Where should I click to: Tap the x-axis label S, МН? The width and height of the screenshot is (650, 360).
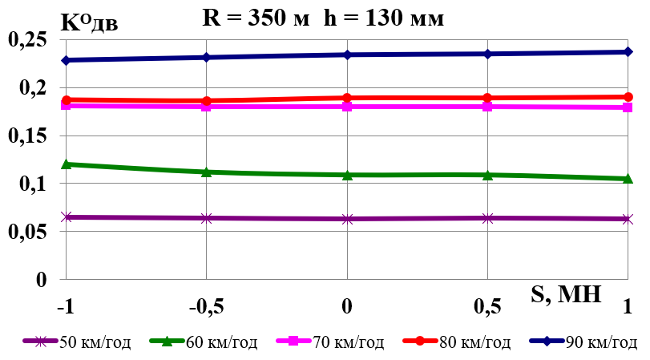click(x=565, y=294)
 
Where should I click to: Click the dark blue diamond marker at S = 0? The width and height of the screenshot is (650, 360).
click(x=347, y=55)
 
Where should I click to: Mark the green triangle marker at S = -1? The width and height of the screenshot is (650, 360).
click(x=67, y=164)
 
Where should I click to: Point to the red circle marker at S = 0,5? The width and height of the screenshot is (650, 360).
click(x=487, y=98)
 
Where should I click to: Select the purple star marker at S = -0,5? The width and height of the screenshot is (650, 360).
click(x=207, y=218)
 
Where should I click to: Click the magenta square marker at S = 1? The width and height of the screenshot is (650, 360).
click(x=628, y=107)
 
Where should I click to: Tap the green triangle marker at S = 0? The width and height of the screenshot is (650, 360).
click(x=347, y=175)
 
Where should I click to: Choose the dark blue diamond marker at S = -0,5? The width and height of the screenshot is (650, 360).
click(x=207, y=57)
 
